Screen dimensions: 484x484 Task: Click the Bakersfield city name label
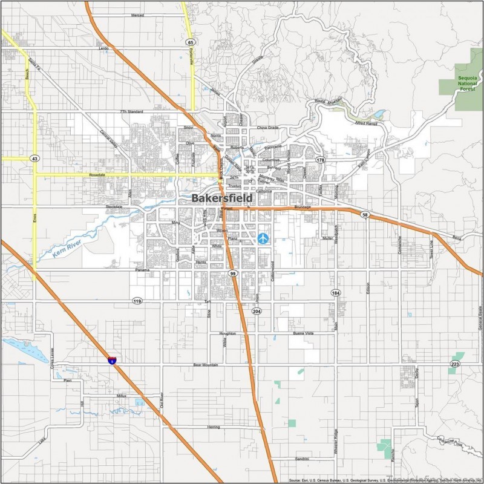222,198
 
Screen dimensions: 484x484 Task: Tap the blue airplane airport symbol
263,238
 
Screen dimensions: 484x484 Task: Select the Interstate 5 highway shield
112,361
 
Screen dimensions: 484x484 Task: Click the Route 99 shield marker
233,274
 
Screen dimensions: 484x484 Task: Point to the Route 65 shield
191,42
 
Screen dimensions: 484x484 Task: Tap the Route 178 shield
320,160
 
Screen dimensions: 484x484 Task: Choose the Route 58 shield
365,215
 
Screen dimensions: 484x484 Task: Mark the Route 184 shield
335,292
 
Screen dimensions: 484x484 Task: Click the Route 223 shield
454,364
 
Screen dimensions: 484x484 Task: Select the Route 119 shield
137,301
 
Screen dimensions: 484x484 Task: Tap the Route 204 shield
257,312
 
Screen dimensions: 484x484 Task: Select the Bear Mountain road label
206,365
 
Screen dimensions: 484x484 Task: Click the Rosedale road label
97,175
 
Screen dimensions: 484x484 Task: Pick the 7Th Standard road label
132,112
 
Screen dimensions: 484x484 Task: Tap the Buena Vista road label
303,333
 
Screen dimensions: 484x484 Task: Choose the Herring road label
213,427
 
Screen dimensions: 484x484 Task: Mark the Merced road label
137,15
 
